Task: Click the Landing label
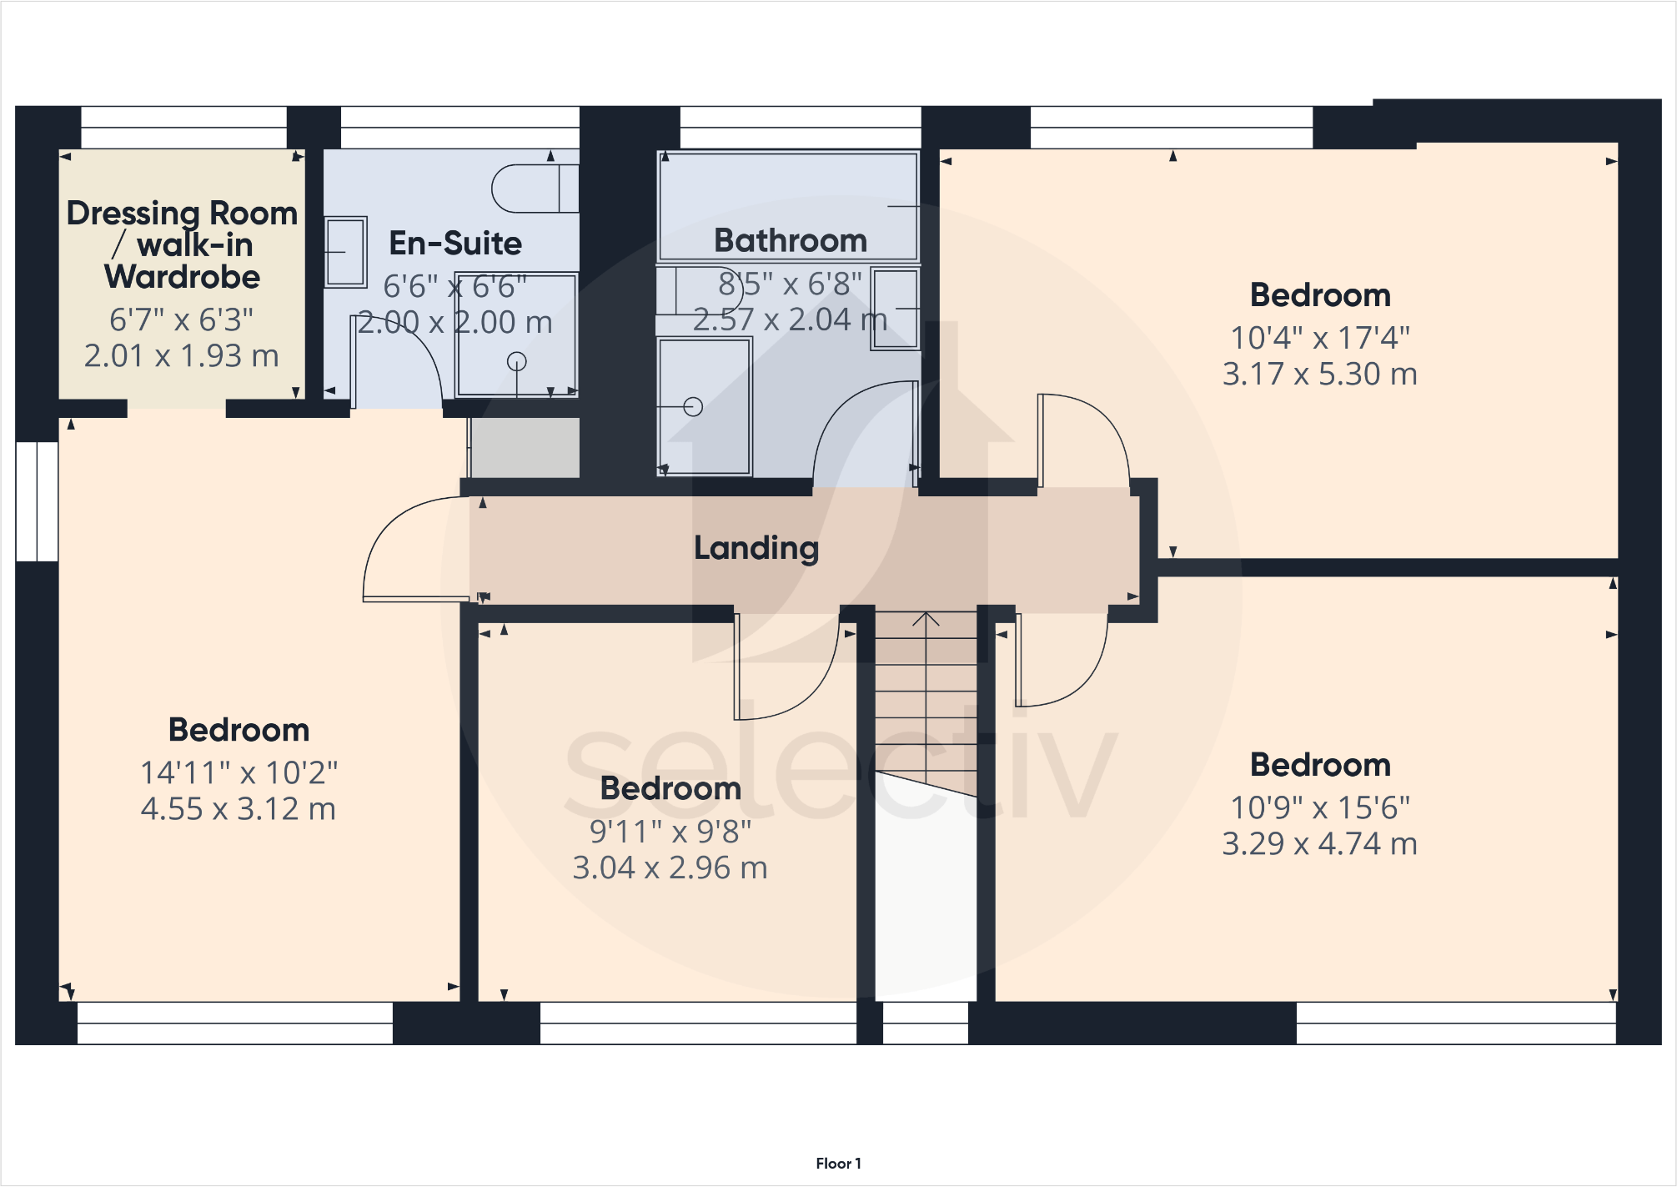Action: tap(756, 548)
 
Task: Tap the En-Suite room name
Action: tap(455, 244)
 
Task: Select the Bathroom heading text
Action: tap(791, 240)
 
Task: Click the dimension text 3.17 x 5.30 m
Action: tap(1319, 374)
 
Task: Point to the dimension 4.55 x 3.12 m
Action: tap(238, 808)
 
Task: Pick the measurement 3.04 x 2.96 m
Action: tap(670, 868)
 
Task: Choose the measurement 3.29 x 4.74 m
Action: tap(1319, 843)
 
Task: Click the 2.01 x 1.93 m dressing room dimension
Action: tap(182, 355)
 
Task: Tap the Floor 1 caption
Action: tap(838, 1163)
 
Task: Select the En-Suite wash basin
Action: tap(345, 252)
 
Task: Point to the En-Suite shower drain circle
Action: tap(517, 362)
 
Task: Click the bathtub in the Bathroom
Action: tap(788, 206)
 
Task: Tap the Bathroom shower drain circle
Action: tap(693, 407)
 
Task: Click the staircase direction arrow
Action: tap(926, 619)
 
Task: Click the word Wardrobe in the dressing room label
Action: tap(182, 277)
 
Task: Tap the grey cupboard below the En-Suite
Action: tap(524, 447)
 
